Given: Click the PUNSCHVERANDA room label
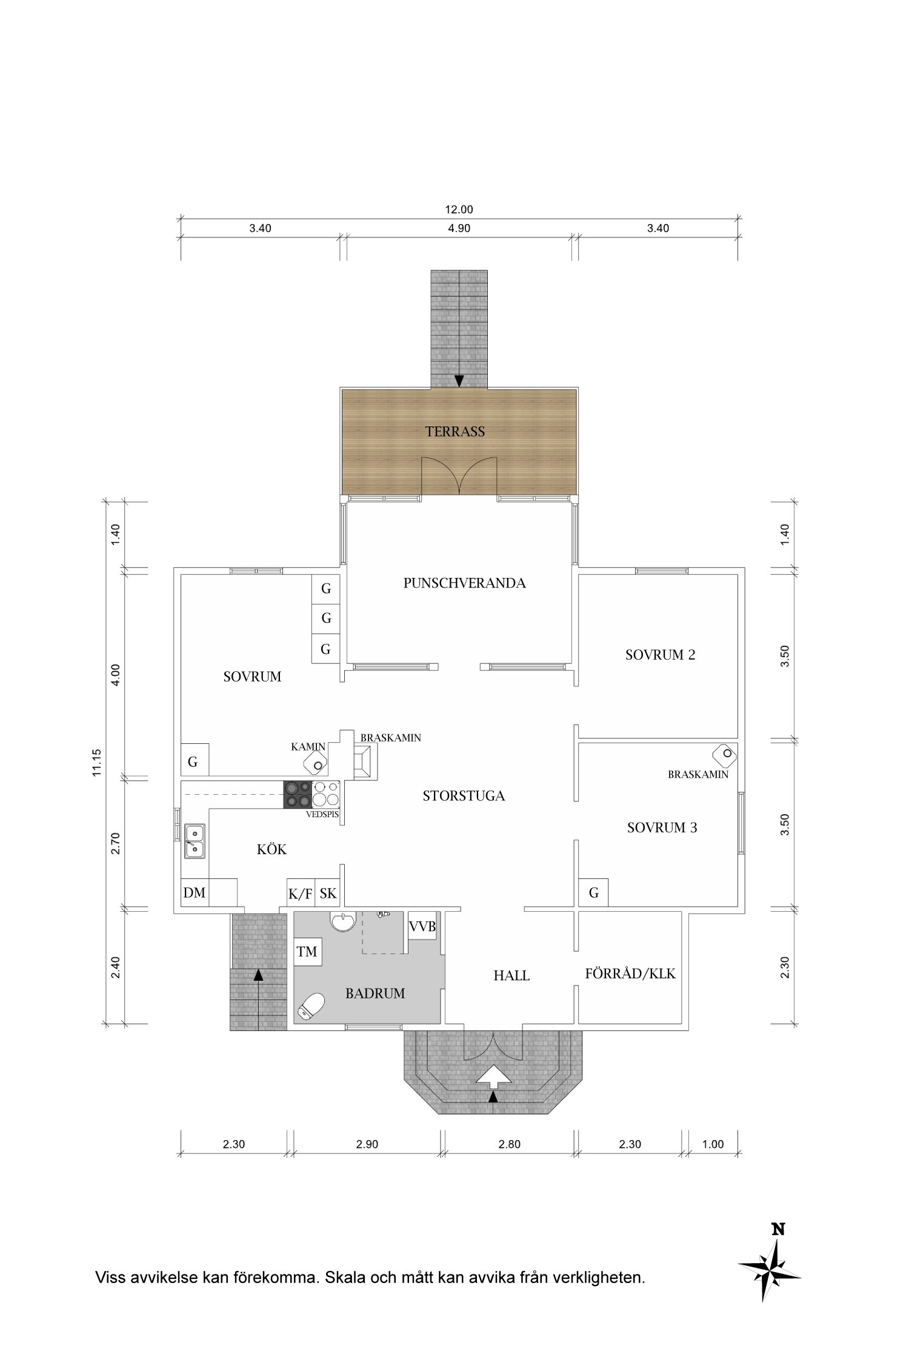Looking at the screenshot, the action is pos(464,583).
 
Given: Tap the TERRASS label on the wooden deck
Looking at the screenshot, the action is pos(455,432).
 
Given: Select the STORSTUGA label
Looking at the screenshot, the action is pos(464,796).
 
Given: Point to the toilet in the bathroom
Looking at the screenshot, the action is pos(311,1006).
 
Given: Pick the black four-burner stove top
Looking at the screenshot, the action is pos(298,794).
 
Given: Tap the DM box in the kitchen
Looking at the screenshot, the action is pos(195,892).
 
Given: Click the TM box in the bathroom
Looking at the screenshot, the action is pos(307,952).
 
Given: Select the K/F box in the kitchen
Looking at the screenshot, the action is pos(301,893).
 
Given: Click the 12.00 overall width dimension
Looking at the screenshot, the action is pos(459,210).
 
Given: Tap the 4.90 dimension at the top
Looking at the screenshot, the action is pos(459,228).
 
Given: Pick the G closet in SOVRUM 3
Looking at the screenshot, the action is pos(594,893).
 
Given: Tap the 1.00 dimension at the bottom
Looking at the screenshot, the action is pos(713,1144).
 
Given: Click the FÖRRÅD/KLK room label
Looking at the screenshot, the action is pos(630,974).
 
